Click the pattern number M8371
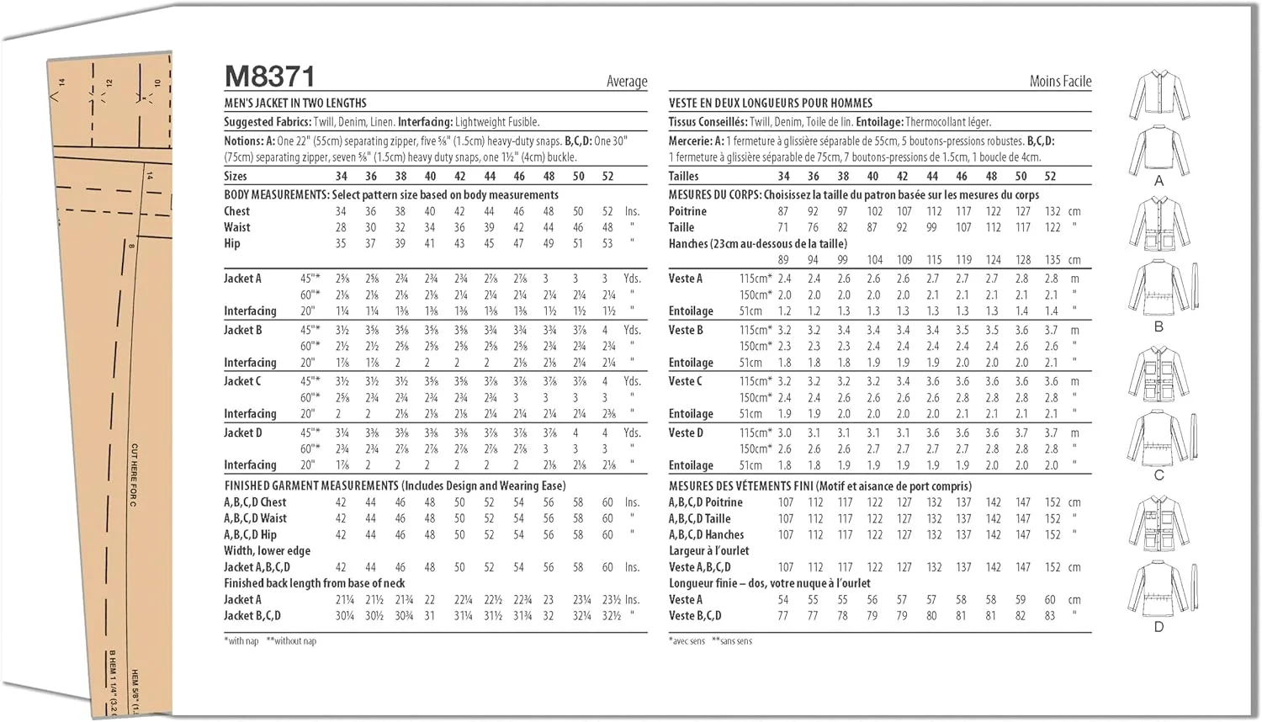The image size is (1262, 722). [270, 77]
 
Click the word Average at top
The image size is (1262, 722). [627, 82]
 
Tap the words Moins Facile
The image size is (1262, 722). [1060, 82]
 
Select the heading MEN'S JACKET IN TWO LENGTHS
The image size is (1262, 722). [295, 104]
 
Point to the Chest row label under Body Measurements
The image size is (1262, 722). [236, 211]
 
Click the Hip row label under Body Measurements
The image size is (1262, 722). [232, 243]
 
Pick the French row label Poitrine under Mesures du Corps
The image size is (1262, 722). [687, 211]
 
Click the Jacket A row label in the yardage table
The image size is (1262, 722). [242, 279]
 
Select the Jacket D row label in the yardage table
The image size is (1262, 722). [242, 433]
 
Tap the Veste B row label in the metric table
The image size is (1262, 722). [686, 330]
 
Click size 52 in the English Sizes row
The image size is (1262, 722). [607, 177]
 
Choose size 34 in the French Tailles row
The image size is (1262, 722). [783, 177]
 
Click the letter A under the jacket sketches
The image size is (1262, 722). [1159, 181]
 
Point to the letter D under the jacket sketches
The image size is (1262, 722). [1159, 627]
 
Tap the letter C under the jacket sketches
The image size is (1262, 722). [1159, 475]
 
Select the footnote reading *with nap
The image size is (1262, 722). [241, 641]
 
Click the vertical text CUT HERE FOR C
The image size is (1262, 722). [134, 475]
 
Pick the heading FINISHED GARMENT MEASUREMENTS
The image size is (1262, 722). [311, 486]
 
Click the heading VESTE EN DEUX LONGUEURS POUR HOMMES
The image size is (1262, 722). [771, 104]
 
